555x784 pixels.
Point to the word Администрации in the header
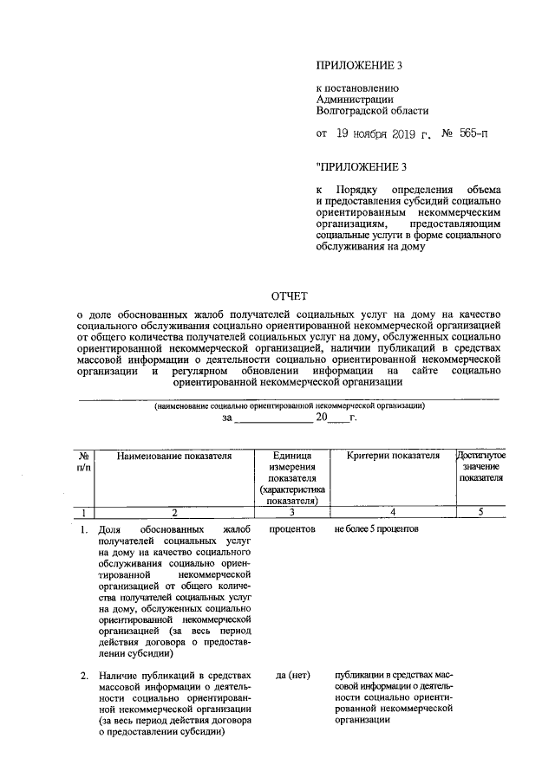(356, 99)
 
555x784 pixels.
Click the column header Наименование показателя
(175, 456)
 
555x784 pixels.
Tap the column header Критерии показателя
(388, 456)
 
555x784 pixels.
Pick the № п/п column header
(86, 461)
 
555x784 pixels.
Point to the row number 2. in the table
(84, 675)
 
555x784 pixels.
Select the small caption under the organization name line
(289, 405)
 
